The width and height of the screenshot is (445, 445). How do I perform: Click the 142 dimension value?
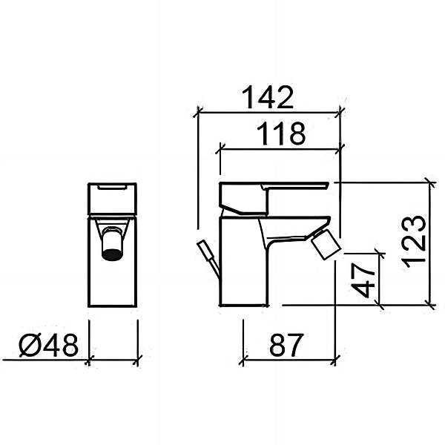[268, 97]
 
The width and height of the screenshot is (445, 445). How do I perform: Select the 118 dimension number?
[281, 133]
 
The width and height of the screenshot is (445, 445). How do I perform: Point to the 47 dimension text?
[363, 280]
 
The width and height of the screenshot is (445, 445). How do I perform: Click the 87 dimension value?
[286, 345]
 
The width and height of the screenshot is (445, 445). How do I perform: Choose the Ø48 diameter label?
[48, 345]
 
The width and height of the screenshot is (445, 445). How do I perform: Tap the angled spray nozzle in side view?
[326, 244]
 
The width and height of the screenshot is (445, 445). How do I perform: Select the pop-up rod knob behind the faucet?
[205, 248]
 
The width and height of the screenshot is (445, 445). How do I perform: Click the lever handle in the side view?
[273, 199]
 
